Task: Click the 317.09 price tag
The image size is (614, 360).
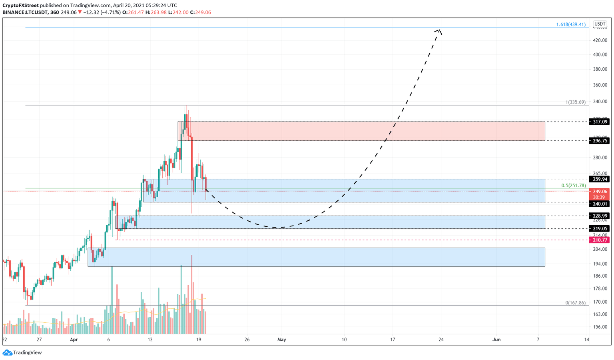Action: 599,122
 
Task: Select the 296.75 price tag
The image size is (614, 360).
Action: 599,141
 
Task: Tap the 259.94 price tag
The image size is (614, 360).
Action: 599,179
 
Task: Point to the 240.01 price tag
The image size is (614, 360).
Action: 599,204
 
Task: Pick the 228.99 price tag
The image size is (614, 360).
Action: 599,216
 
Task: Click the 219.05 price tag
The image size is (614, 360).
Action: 599,229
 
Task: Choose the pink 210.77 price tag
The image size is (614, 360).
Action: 599,240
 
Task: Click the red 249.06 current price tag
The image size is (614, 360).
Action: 599,192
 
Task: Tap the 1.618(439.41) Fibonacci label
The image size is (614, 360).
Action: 570,24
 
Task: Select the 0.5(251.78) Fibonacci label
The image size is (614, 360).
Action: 573,186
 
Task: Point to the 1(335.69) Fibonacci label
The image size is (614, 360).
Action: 575,102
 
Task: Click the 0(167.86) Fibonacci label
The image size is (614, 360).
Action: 575,303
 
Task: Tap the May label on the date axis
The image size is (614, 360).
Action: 282,340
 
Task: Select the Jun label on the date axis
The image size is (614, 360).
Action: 496,340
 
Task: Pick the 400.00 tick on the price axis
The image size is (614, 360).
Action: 600,55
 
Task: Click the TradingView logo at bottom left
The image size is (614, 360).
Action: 22,352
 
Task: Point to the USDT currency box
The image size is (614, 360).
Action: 600,24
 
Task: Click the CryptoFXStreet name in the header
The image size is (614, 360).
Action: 20,5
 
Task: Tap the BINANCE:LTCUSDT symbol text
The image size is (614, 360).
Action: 25,12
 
